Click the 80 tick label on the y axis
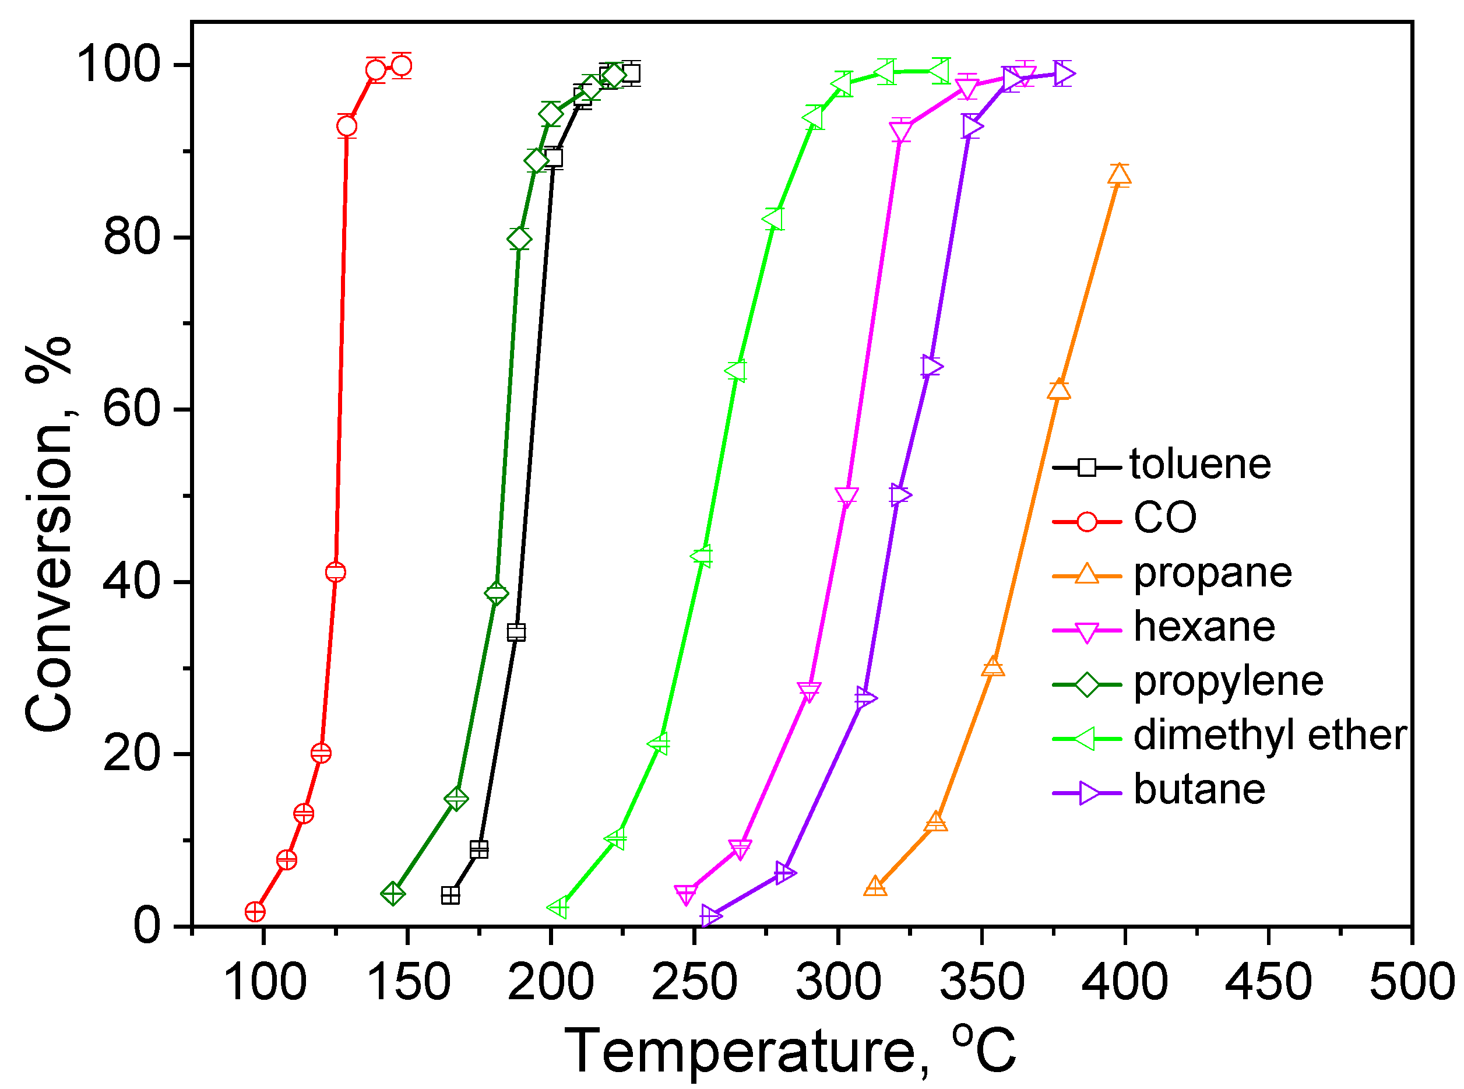tap(132, 237)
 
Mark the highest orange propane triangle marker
tap(1119, 175)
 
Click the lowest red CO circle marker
tap(255, 912)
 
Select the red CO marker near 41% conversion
tap(335, 572)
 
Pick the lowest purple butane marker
tap(711, 916)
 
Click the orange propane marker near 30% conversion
tap(993, 668)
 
